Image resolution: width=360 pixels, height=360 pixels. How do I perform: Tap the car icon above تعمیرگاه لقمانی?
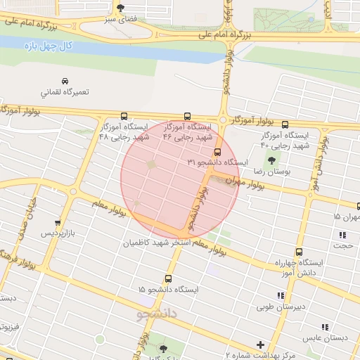65,80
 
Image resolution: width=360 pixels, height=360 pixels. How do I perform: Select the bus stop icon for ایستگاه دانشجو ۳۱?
217,151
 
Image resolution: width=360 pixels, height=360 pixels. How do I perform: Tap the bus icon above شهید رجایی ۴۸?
124,116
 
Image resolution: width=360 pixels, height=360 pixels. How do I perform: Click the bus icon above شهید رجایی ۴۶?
187,116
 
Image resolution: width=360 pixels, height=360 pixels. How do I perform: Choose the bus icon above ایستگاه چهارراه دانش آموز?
299,251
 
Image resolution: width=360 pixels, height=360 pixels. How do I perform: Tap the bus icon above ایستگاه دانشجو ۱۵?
168,278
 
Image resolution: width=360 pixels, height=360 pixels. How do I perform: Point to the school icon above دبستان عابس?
325,327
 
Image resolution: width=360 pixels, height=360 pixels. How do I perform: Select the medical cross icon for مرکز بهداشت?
261,345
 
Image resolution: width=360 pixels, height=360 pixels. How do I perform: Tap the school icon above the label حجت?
342,236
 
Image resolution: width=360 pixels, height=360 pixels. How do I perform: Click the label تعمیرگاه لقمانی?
65,92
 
